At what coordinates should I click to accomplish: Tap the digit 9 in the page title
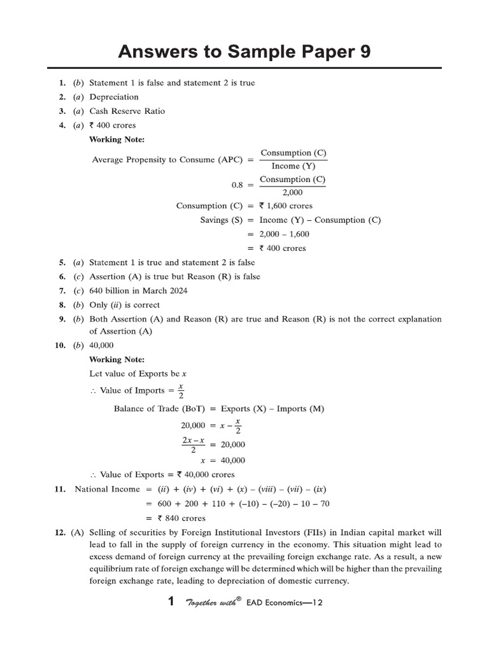tap(362, 52)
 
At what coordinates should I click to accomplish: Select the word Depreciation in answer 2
tap(114, 97)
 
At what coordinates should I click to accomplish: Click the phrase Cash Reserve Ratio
tap(127, 111)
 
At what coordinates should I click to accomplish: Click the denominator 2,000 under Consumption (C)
tap(292, 192)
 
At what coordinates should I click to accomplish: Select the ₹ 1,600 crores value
tap(286, 206)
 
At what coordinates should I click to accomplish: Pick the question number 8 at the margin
tap(62, 304)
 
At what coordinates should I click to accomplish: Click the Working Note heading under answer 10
tap(117, 360)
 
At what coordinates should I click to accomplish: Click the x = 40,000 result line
tap(223, 460)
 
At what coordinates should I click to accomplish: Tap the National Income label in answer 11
tap(107, 489)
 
